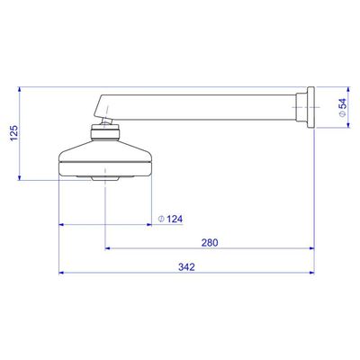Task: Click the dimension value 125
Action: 14,133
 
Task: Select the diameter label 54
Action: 342,103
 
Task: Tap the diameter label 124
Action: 175,219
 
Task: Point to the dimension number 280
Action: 210,242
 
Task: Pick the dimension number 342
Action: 186,266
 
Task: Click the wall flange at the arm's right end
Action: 310,107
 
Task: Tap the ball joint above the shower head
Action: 106,121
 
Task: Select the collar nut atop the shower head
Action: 106,133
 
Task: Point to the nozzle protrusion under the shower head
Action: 105,178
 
